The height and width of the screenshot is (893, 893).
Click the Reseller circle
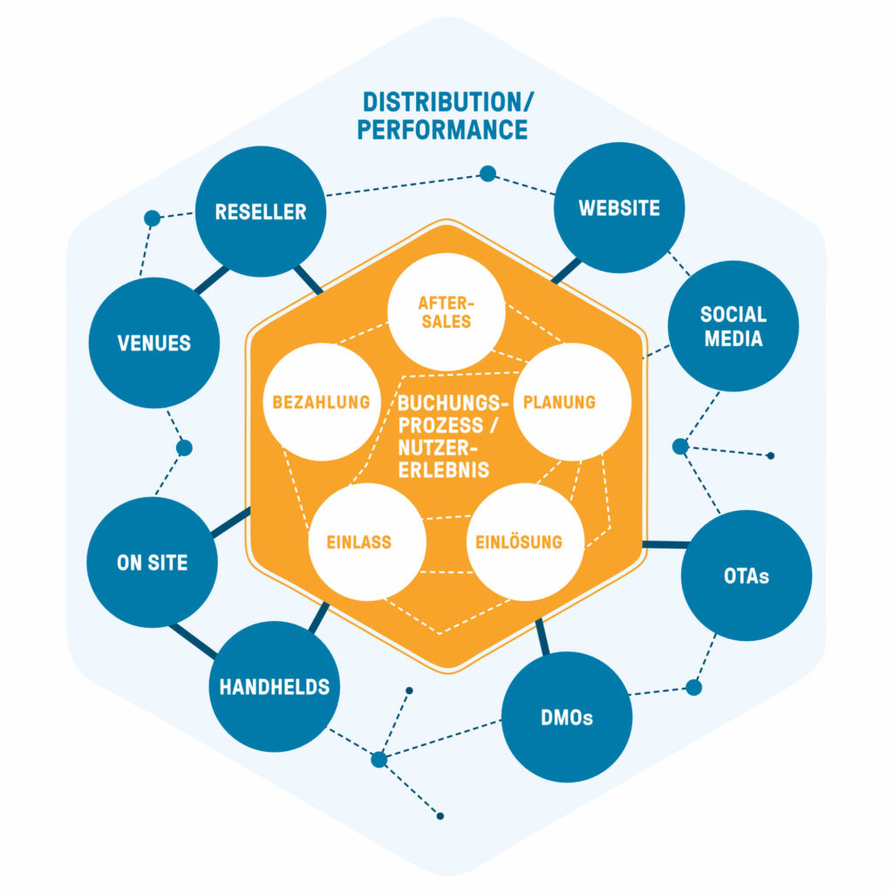260,211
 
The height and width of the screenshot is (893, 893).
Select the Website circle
619,208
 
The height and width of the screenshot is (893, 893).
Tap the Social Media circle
733,326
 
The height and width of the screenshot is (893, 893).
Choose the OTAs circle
746,576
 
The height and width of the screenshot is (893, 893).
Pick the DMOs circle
567,717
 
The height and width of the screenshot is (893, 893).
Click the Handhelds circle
275,686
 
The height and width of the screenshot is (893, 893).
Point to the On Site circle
152,562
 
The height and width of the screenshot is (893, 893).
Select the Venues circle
153,343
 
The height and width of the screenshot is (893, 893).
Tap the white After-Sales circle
446,311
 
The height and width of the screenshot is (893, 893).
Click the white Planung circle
572,401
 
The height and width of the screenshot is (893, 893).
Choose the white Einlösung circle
525,542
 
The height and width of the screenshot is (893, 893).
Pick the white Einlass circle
367,542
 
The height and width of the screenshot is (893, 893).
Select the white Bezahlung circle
322,401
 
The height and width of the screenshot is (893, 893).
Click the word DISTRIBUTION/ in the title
448,103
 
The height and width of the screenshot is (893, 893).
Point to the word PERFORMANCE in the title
442,129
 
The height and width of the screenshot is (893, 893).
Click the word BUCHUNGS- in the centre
453,403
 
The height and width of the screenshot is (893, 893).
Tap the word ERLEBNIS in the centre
444,470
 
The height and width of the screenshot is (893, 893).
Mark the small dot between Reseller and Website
487,174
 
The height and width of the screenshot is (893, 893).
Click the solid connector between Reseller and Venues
211,280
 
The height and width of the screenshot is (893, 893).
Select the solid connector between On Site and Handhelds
193,641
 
